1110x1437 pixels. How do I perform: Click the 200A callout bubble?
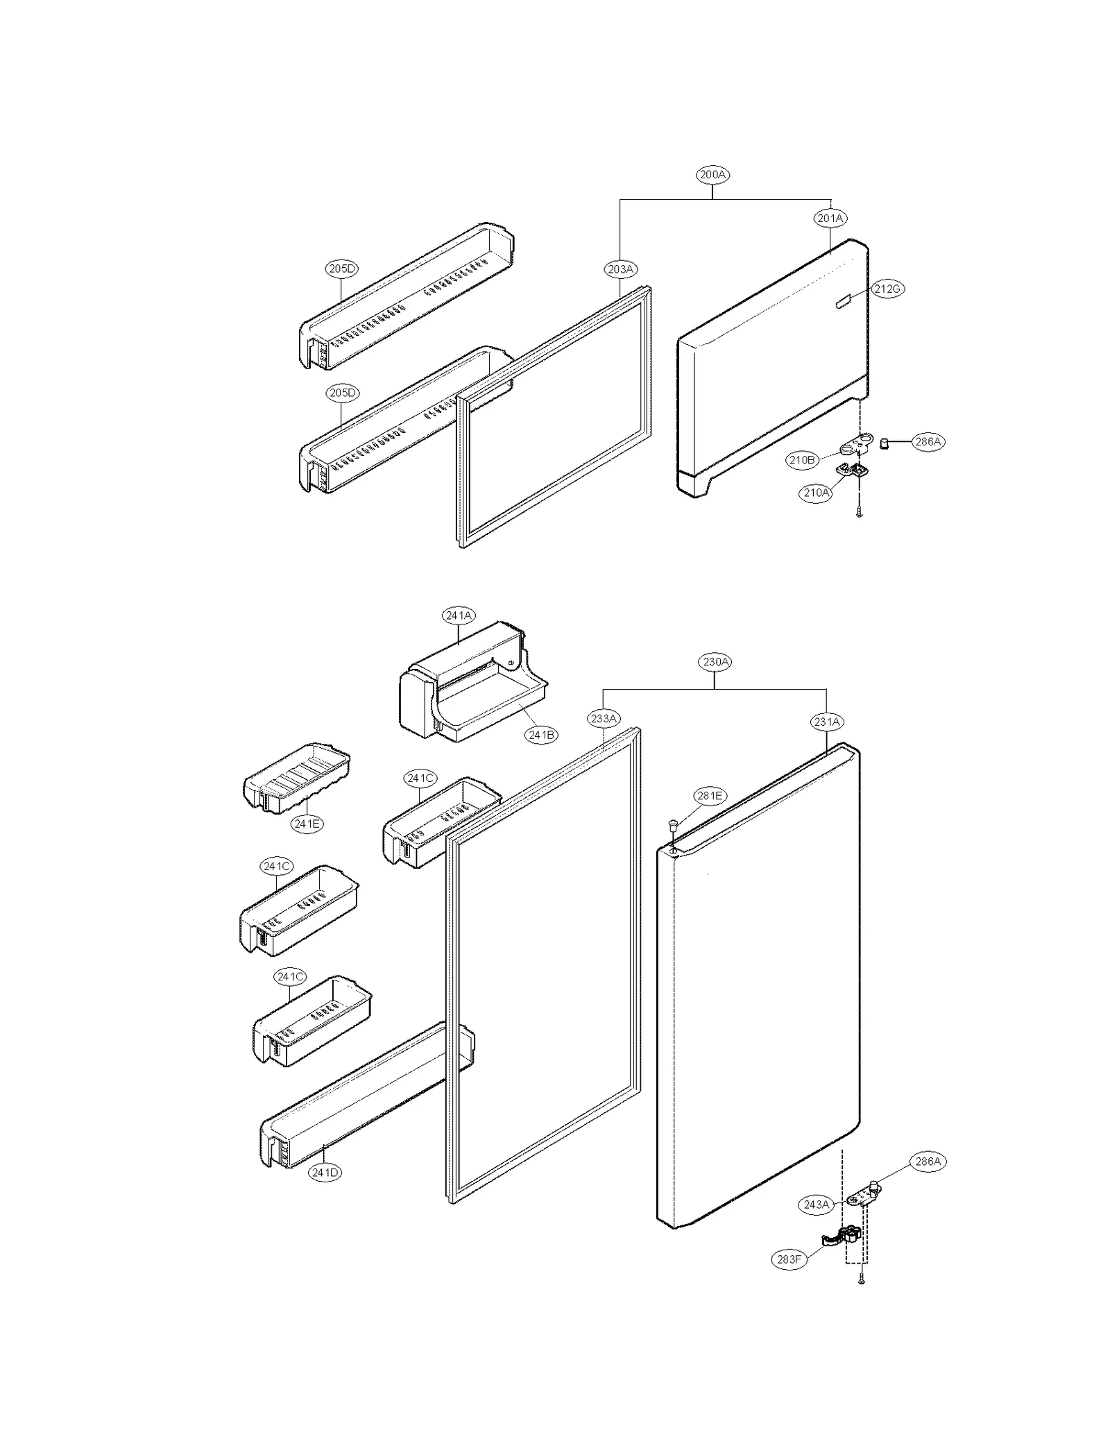pos(712,175)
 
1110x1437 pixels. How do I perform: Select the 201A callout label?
pos(830,218)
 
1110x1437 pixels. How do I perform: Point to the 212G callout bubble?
pos(887,289)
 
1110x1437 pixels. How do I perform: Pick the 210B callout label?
pos(801,459)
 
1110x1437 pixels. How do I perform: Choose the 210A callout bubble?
pos(816,493)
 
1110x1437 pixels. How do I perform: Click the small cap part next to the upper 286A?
pos(885,443)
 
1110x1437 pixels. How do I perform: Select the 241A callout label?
pos(459,615)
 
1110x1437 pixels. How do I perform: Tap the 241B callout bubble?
pos(541,735)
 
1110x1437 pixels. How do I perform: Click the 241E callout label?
pos(307,824)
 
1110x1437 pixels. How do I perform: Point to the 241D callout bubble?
pos(325,1173)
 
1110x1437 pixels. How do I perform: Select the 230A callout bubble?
pos(715,662)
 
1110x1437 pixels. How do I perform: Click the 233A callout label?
pos(604,718)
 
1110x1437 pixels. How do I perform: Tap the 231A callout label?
pos(827,722)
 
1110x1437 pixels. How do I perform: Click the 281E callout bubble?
pos(710,796)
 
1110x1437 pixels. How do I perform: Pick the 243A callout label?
pos(816,1205)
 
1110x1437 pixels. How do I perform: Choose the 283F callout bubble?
pos(789,1259)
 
